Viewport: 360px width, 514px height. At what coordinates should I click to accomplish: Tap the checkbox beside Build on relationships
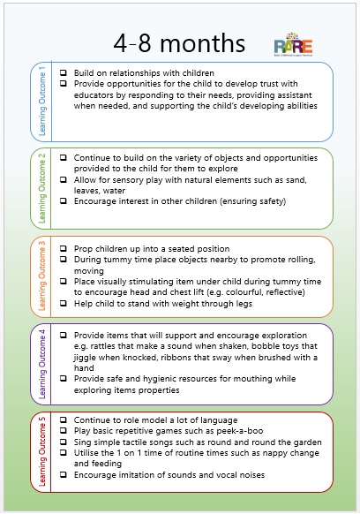[x=64, y=72]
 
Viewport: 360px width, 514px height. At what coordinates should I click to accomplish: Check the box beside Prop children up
[x=64, y=249]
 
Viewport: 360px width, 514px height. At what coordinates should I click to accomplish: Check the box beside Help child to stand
[x=64, y=302]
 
